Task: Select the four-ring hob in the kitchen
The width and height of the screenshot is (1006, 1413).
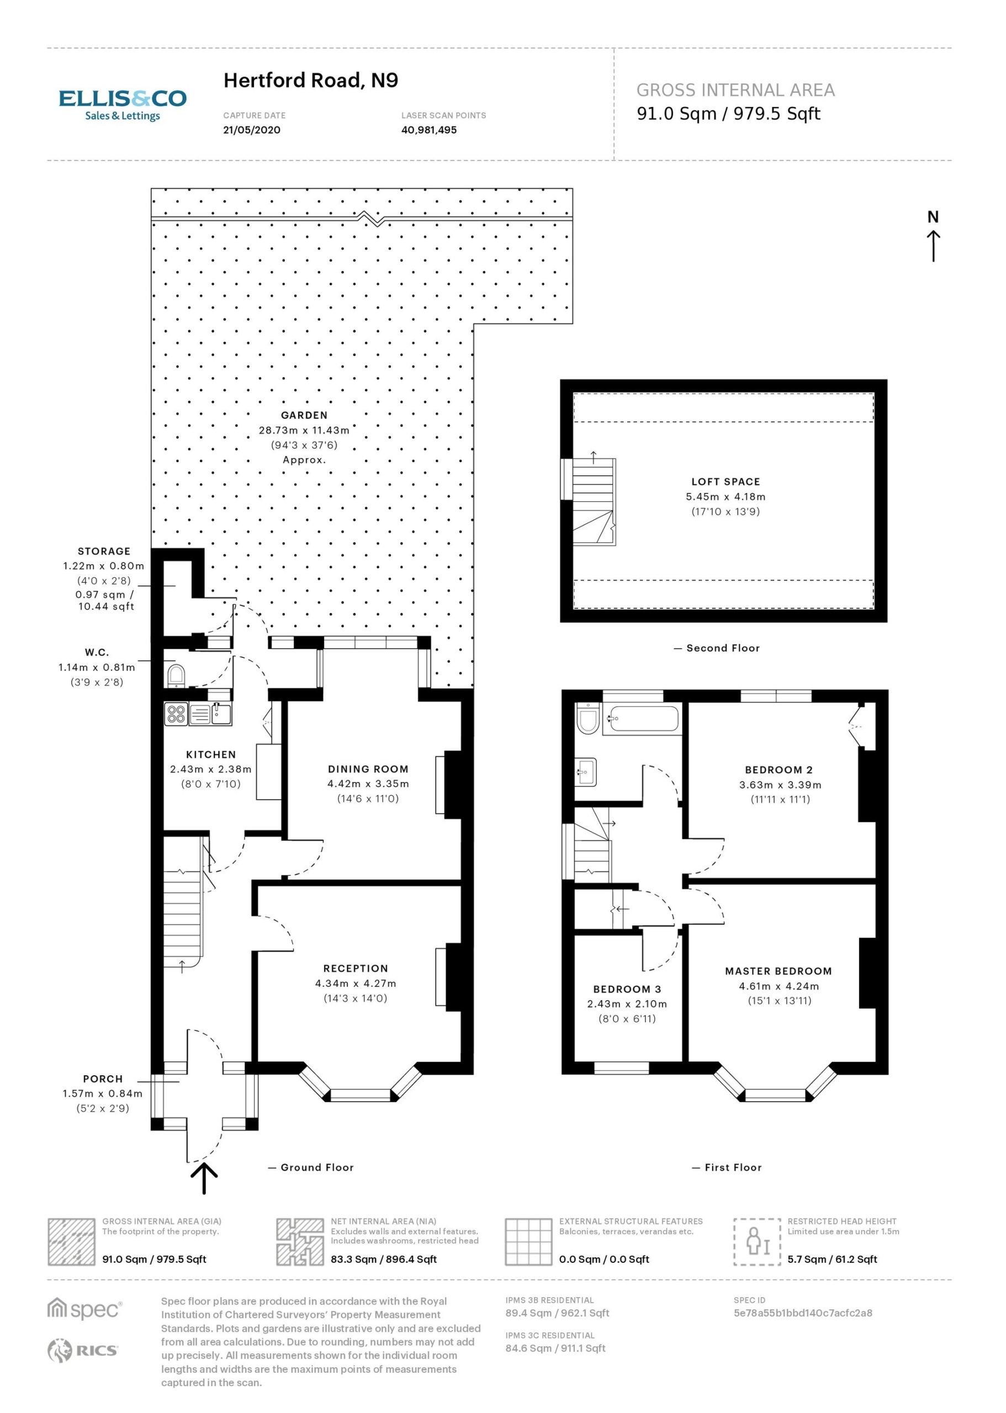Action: pos(176,713)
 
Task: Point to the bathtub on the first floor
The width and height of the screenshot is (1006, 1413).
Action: pos(642,719)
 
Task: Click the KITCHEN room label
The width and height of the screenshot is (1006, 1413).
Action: pos(211,754)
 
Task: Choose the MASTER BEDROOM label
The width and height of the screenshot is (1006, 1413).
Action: pos(779,971)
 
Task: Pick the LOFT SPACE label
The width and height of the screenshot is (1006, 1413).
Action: pos(726,481)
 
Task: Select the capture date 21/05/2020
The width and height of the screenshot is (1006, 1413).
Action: pos(252,130)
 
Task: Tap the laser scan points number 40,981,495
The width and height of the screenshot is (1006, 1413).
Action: pos(428,130)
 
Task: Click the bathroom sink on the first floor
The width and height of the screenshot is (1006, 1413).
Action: pos(585,772)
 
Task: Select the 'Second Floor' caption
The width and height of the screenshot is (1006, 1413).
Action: pos(723,647)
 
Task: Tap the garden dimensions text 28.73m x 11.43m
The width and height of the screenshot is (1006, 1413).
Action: pos(304,430)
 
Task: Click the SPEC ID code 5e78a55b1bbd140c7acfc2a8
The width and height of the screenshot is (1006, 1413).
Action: pos(803,1313)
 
